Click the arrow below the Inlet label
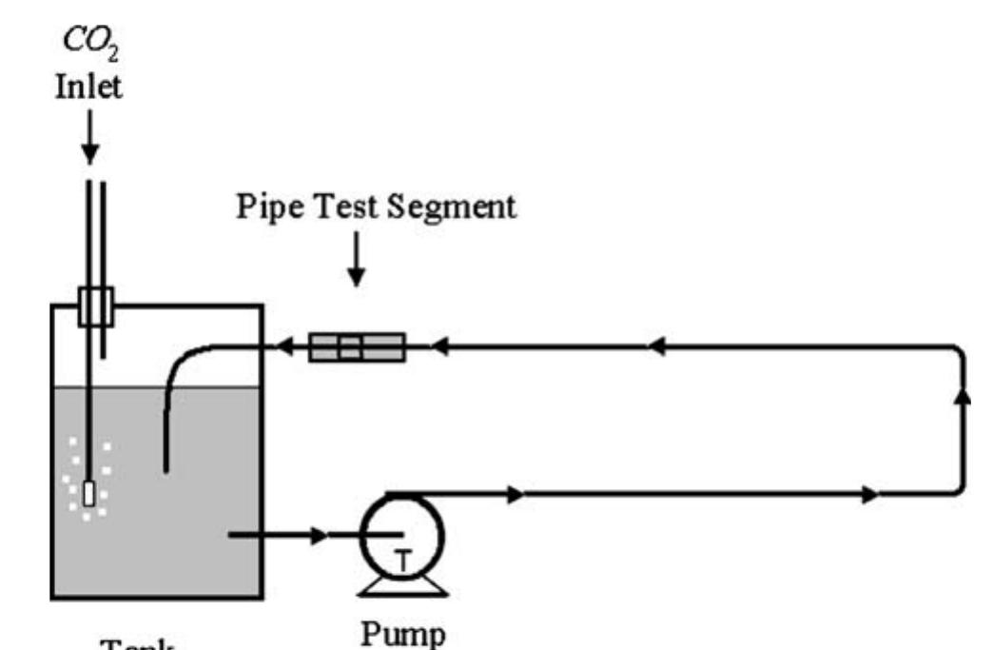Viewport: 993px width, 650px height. [89, 143]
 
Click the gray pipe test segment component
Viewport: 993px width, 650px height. [357, 346]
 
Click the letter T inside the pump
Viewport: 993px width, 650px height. [403, 561]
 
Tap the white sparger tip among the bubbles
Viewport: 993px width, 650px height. [88, 494]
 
